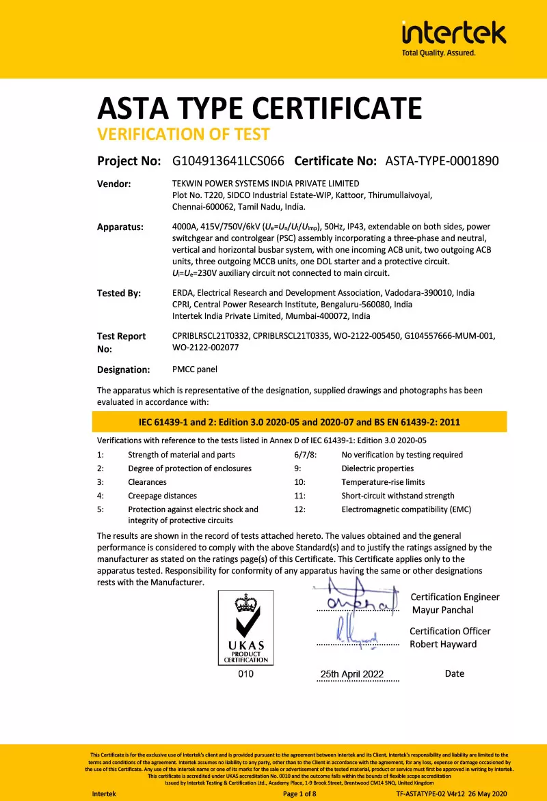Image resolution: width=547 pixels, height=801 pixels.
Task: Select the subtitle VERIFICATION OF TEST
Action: (x=183, y=134)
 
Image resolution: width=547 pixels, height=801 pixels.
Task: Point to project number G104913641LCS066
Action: (x=228, y=161)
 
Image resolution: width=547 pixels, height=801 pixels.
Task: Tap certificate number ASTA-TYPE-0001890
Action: (x=442, y=161)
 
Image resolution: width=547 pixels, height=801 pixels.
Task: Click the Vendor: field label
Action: (x=114, y=184)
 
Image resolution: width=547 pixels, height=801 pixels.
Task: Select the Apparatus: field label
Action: (x=120, y=227)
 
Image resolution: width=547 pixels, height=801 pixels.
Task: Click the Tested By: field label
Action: (x=119, y=294)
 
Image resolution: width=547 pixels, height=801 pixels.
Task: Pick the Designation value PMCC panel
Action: (x=196, y=369)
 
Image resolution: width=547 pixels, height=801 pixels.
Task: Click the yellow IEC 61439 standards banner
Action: (x=299, y=422)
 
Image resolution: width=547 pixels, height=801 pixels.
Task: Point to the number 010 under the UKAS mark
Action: (x=245, y=674)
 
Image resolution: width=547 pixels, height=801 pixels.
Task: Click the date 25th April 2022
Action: (x=352, y=674)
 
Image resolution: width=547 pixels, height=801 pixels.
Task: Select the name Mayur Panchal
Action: (x=442, y=610)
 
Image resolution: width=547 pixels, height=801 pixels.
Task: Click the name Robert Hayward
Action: (x=443, y=644)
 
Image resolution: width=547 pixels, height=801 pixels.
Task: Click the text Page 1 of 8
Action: (x=299, y=794)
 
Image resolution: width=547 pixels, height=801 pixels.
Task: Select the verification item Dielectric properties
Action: (x=377, y=468)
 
